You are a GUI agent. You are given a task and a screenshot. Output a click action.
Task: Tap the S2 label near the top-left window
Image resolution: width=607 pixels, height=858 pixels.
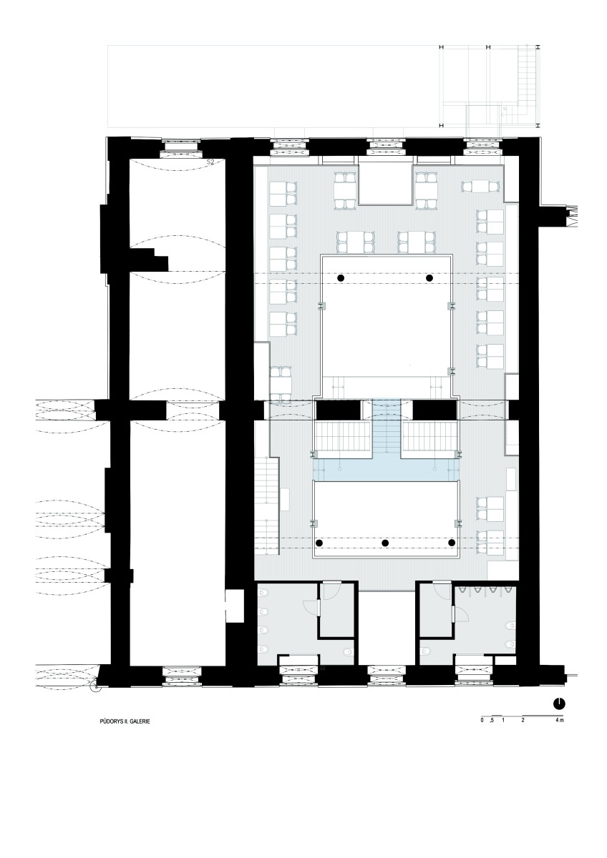point(210,162)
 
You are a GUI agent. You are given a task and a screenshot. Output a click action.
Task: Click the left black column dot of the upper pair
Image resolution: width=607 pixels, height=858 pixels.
point(341,277)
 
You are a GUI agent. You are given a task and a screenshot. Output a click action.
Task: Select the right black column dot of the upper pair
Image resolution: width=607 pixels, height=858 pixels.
point(429,277)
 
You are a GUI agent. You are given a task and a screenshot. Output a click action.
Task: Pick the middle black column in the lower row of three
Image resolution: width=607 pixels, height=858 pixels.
point(385,543)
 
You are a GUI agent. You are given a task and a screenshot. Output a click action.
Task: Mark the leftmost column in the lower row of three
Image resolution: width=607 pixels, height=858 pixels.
point(319,543)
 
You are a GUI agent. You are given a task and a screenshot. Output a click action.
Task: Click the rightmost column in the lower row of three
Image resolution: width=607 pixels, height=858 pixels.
point(452,543)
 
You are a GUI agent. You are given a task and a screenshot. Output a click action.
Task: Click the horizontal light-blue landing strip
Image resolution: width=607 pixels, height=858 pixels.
point(386,469)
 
